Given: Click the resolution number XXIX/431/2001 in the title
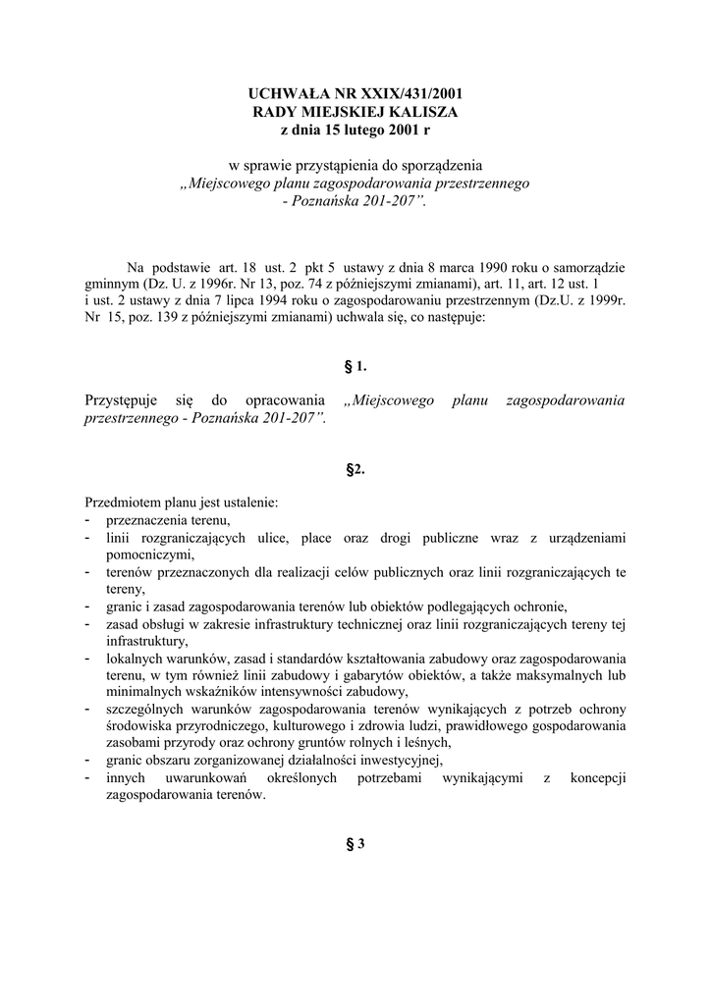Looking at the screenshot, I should pyautogui.click(x=404, y=94).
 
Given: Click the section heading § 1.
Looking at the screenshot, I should pyautogui.click(x=355, y=366).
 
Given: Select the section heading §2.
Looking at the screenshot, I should pyautogui.click(x=355, y=469).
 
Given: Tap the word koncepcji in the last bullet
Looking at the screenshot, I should pyautogui.click(x=593, y=777).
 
